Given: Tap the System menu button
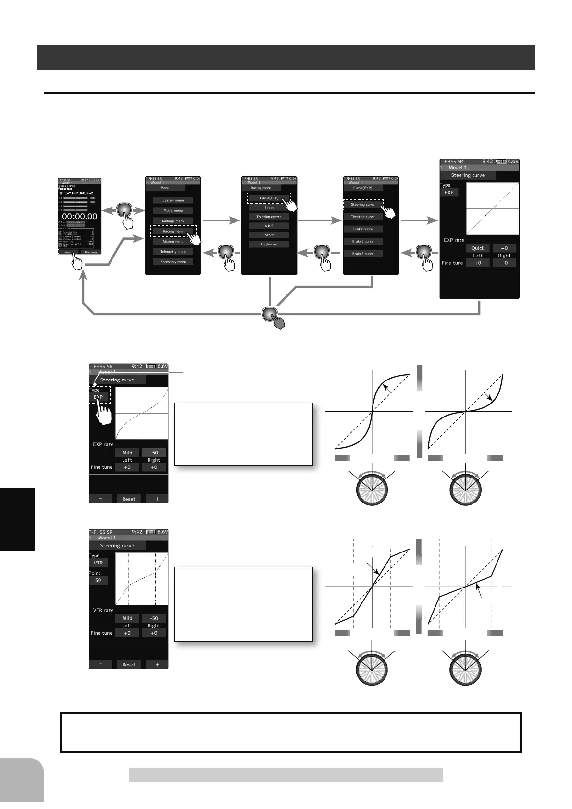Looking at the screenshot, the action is coord(173,200).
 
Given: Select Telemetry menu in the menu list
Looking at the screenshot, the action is coord(173,252).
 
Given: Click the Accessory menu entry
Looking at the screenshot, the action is coord(173,262).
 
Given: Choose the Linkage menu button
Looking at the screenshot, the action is coord(173,221).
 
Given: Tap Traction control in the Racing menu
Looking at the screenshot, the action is coord(269,217).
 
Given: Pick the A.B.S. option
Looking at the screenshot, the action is coord(269,226).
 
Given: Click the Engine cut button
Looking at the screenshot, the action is coord(269,245).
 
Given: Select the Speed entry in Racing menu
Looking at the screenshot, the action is coord(269,208).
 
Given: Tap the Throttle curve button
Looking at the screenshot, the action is coord(363,217).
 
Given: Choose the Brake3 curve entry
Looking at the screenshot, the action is coord(363,254).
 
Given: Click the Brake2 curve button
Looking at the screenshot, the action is coord(363,241).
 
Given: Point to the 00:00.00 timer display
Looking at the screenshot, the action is coord(79,217).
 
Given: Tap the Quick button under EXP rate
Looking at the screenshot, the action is coord(477,248).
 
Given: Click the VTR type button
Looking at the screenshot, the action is coord(98,563).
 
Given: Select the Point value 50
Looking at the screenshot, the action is coord(98,580).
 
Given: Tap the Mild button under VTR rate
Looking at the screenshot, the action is coord(127,618).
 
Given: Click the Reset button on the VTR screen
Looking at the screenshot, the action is coord(128,665).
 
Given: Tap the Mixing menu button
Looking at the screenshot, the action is coord(173,242).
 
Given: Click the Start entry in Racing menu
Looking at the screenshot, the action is coord(269,235).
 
